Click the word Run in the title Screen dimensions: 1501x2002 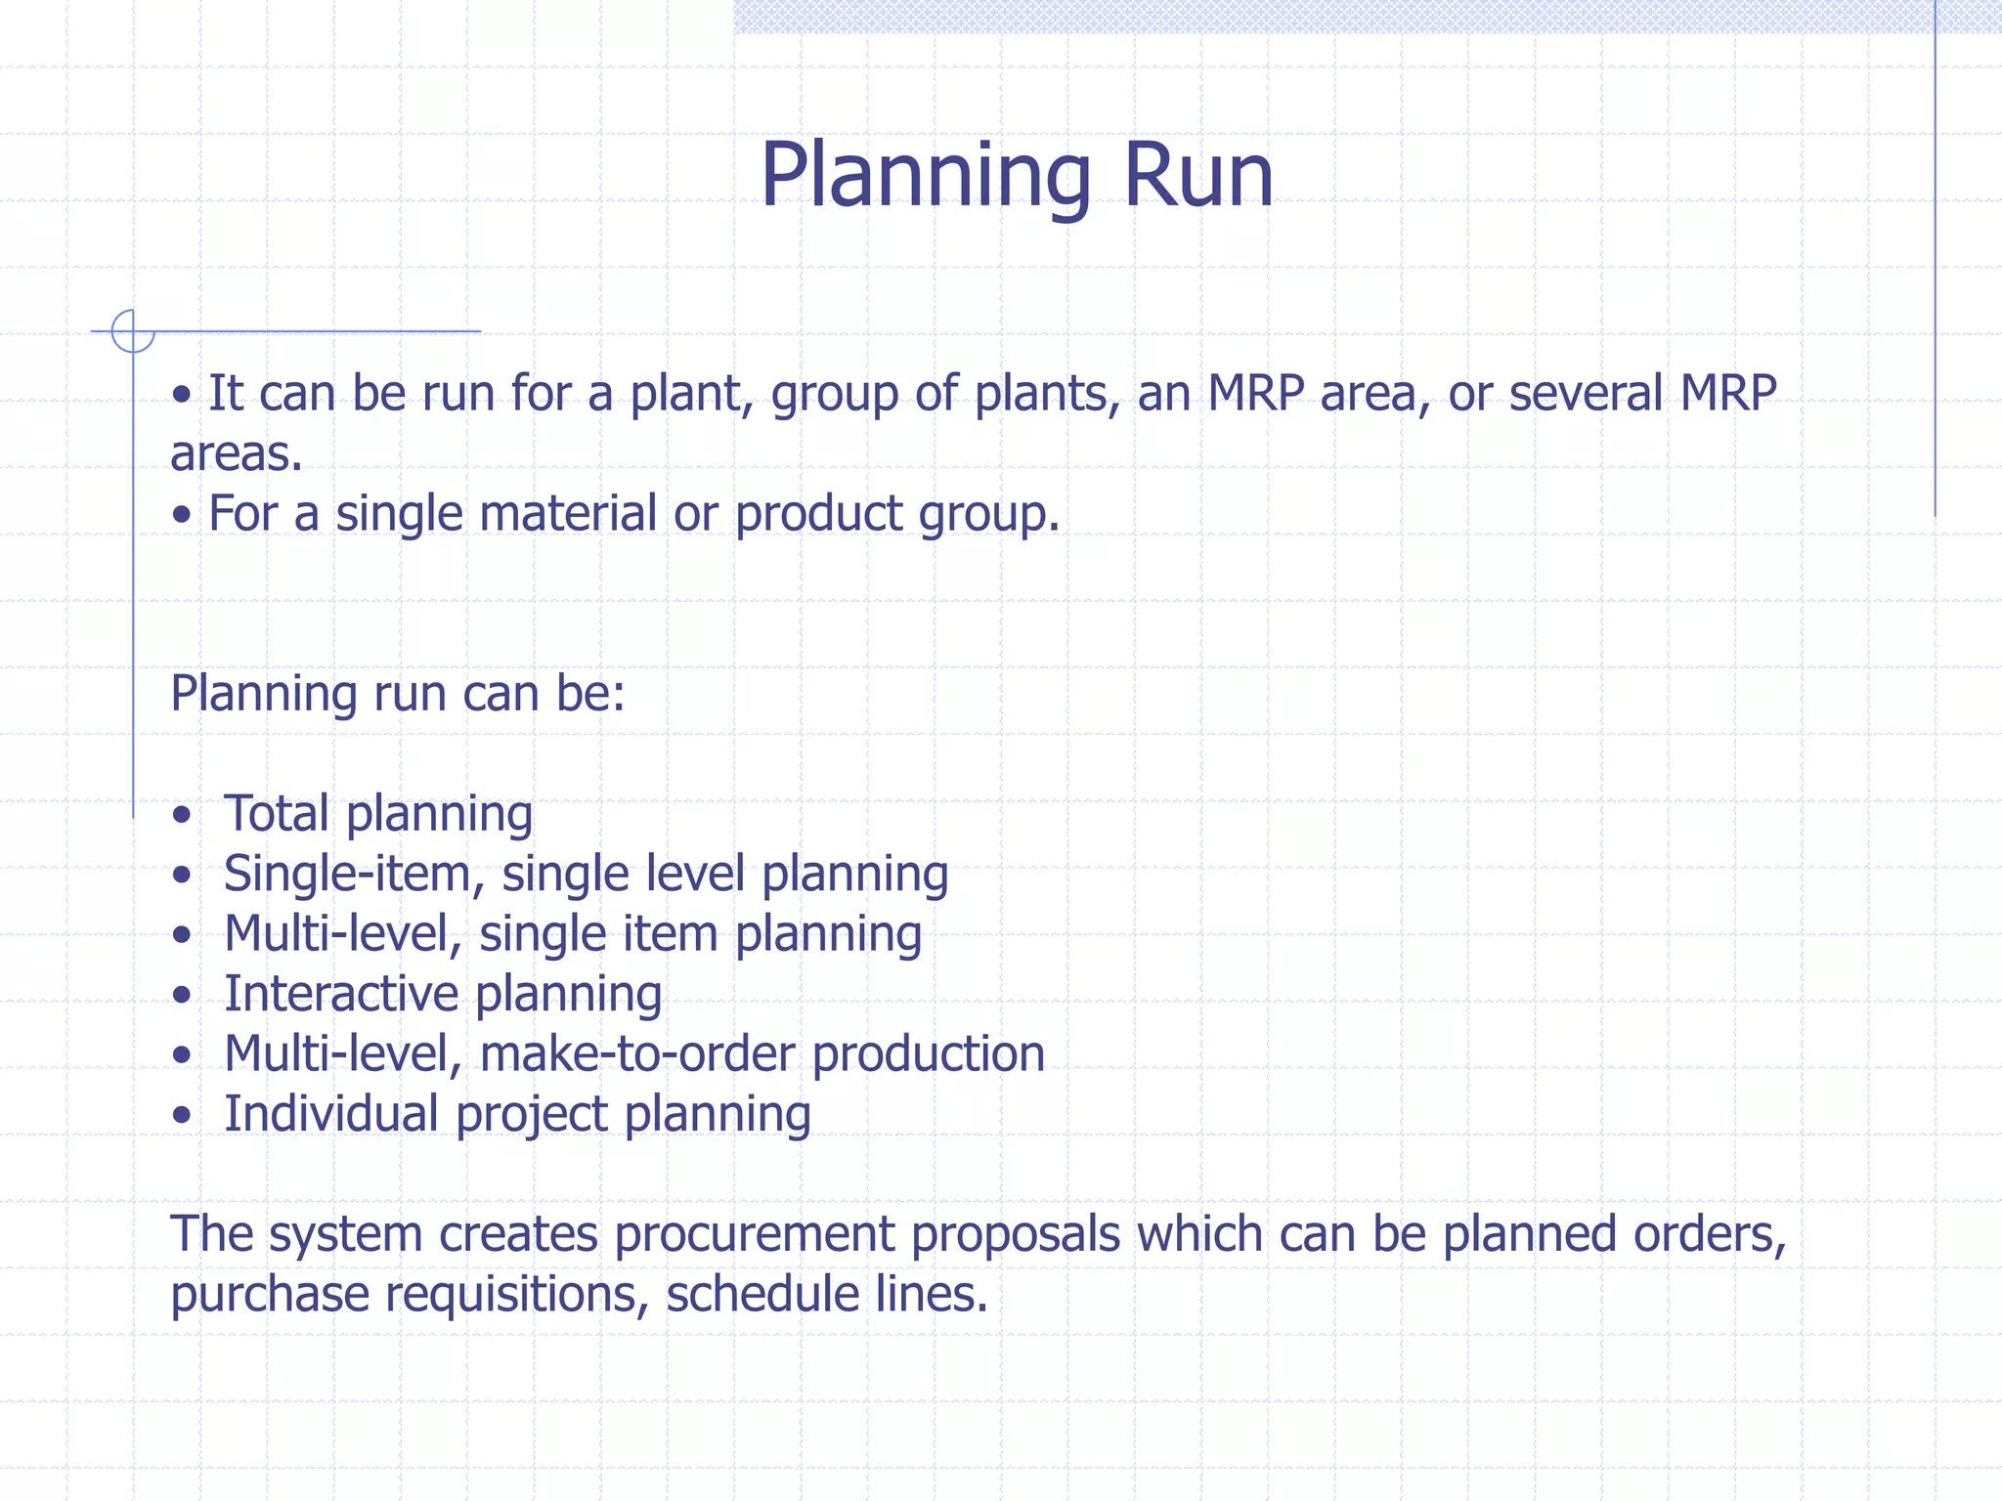(1198, 175)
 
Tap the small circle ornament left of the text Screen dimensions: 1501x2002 (132, 330)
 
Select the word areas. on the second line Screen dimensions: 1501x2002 (236, 453)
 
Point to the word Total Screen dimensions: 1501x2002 (277, 813)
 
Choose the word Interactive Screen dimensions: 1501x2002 (341, 994)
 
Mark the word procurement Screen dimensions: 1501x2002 (754, 1235)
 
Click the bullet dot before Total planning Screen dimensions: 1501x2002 (181, 815)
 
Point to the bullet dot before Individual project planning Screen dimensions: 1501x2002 (181, 1115)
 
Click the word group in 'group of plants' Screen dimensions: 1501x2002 (834, 395)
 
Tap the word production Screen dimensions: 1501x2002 (928, 1054)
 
